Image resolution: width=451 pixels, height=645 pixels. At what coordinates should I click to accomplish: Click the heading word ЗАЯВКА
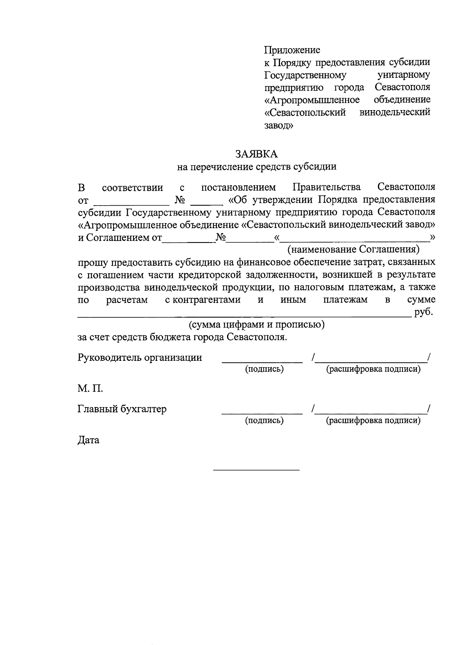257,154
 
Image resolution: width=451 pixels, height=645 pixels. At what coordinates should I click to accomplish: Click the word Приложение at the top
292,50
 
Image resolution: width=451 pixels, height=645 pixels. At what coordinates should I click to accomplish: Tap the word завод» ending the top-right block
279,125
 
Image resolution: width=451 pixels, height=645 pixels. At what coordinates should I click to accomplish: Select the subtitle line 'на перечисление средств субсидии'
257,167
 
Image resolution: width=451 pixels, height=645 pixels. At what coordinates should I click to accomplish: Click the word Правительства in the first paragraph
327,187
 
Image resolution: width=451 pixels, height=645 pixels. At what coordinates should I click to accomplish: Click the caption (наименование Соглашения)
353,249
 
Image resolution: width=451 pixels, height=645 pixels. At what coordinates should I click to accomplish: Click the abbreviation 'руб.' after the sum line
424,312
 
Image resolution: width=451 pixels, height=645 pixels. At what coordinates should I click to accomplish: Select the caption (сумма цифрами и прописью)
257,324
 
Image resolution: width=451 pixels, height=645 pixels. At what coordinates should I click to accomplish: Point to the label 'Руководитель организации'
140,357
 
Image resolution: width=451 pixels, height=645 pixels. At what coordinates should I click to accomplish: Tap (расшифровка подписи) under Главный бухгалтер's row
373,420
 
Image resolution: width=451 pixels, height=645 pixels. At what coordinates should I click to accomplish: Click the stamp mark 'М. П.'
90,388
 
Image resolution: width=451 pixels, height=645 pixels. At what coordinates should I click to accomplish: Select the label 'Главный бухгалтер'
122,409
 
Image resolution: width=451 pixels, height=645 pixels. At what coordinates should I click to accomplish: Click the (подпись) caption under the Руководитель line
264,369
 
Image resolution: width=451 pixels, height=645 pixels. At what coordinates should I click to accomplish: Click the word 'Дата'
89,440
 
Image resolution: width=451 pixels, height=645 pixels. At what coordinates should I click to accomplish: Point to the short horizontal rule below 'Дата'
256,470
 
